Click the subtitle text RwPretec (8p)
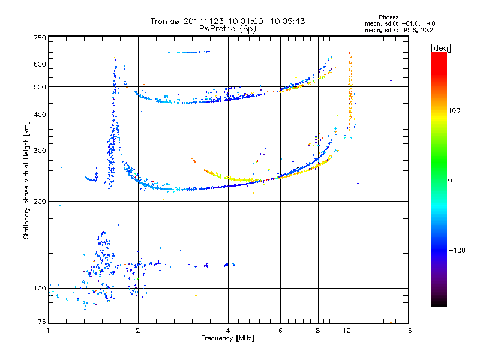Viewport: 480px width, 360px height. point(227,28)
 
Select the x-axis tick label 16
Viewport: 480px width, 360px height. point(407,331)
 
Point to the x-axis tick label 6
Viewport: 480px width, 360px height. point(280,331)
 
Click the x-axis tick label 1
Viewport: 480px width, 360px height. point(48,331)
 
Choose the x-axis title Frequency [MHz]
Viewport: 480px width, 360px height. point(227,338)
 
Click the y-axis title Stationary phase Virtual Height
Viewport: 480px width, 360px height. point(26,180)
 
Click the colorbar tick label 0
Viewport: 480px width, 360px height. point(450,180)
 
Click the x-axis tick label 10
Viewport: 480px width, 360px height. point(347,331)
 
